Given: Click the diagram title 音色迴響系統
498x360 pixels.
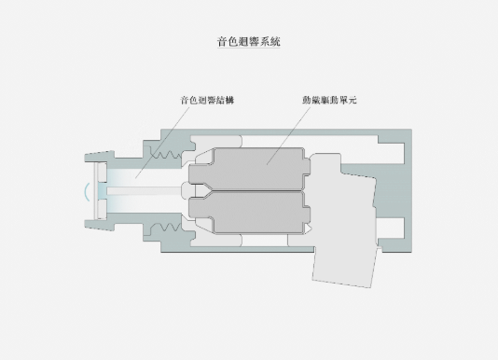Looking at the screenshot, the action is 249,42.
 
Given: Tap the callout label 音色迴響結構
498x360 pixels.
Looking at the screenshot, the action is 207,100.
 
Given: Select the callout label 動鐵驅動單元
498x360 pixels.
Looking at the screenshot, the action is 329,100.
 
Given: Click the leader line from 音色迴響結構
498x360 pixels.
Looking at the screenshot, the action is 162,143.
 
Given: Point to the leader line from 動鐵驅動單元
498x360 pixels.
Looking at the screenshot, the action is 289,135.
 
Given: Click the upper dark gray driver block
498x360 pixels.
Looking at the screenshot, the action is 249,169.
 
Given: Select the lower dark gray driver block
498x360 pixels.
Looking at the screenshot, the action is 249,212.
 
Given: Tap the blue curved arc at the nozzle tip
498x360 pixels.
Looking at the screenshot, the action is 87,192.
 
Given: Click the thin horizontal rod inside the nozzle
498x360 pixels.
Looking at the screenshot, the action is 144,190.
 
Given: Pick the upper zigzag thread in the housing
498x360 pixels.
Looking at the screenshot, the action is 166,154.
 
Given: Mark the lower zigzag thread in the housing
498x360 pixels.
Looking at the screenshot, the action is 166,227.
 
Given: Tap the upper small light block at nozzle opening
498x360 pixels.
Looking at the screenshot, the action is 103,172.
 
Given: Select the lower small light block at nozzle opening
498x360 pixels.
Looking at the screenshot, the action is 103,209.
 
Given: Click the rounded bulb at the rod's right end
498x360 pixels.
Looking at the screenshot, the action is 187,190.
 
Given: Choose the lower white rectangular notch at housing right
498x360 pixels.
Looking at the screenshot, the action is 391,228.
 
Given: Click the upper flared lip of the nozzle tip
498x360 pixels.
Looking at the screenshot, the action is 100,157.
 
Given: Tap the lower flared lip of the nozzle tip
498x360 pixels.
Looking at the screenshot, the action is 100,225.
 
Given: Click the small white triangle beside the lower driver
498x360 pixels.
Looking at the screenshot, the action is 308,228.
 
